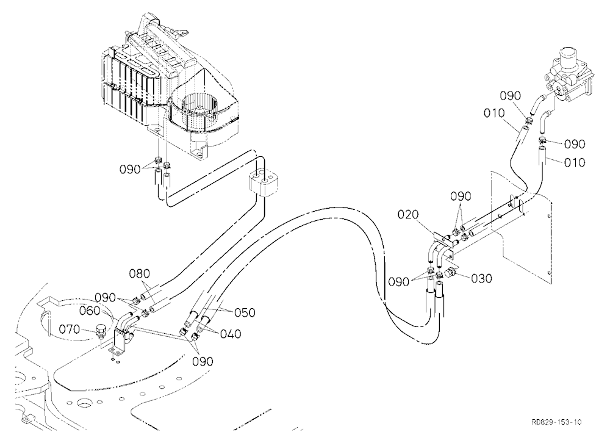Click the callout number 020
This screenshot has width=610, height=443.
[408, 215]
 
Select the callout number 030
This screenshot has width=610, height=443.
[482, 278]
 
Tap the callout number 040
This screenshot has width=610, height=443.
[231, 334]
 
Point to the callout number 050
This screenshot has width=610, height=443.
[245, 312]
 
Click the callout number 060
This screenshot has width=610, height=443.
[90, 311]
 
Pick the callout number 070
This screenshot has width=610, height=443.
[70, 330]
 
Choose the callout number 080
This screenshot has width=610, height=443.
[140, 273]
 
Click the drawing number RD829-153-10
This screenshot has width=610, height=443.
[557, 422]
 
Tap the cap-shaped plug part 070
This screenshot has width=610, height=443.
[101, 333]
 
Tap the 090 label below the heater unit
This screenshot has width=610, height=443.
[130, 170]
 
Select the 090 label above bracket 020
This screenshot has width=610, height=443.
[461, 196]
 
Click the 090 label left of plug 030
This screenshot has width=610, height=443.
[398, 281]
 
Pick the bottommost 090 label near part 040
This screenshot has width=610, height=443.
[203, 362]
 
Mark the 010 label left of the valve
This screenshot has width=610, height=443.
[494, 113]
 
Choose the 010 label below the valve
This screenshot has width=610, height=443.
[575, 162]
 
